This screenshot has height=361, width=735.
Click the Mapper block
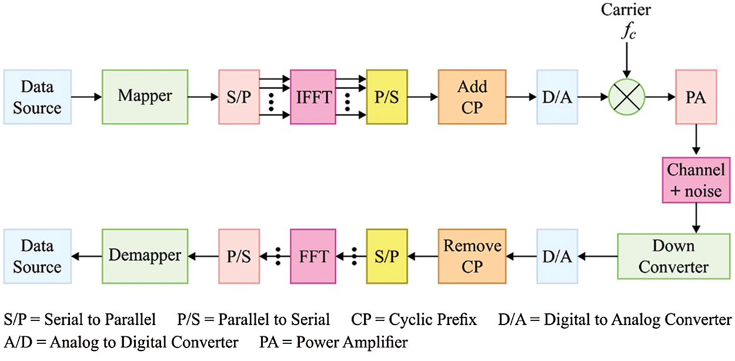[x=145, y=97]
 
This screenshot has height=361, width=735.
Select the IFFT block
[x=312, y=97]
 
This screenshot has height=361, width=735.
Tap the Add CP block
[x=472, y=97]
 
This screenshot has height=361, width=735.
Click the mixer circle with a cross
[x=627, y=97]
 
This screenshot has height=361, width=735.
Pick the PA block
[x=696, y=97]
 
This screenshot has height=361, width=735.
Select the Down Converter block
[x=673, y=256]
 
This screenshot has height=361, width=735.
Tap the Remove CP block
[x=472, y=256]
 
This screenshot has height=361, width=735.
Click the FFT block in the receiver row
[x=312, y=256]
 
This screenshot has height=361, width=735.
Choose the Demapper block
[x=145, y=256]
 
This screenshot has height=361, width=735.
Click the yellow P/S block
[x=386, y=97]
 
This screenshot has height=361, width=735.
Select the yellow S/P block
[x=386, y=256]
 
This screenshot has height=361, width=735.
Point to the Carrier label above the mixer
[x=626, y=11]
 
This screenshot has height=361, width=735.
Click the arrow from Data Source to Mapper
[x=86, y=97]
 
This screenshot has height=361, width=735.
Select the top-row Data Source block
[x=37, y=97]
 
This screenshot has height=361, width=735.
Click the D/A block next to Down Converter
[x=556, y=256]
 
